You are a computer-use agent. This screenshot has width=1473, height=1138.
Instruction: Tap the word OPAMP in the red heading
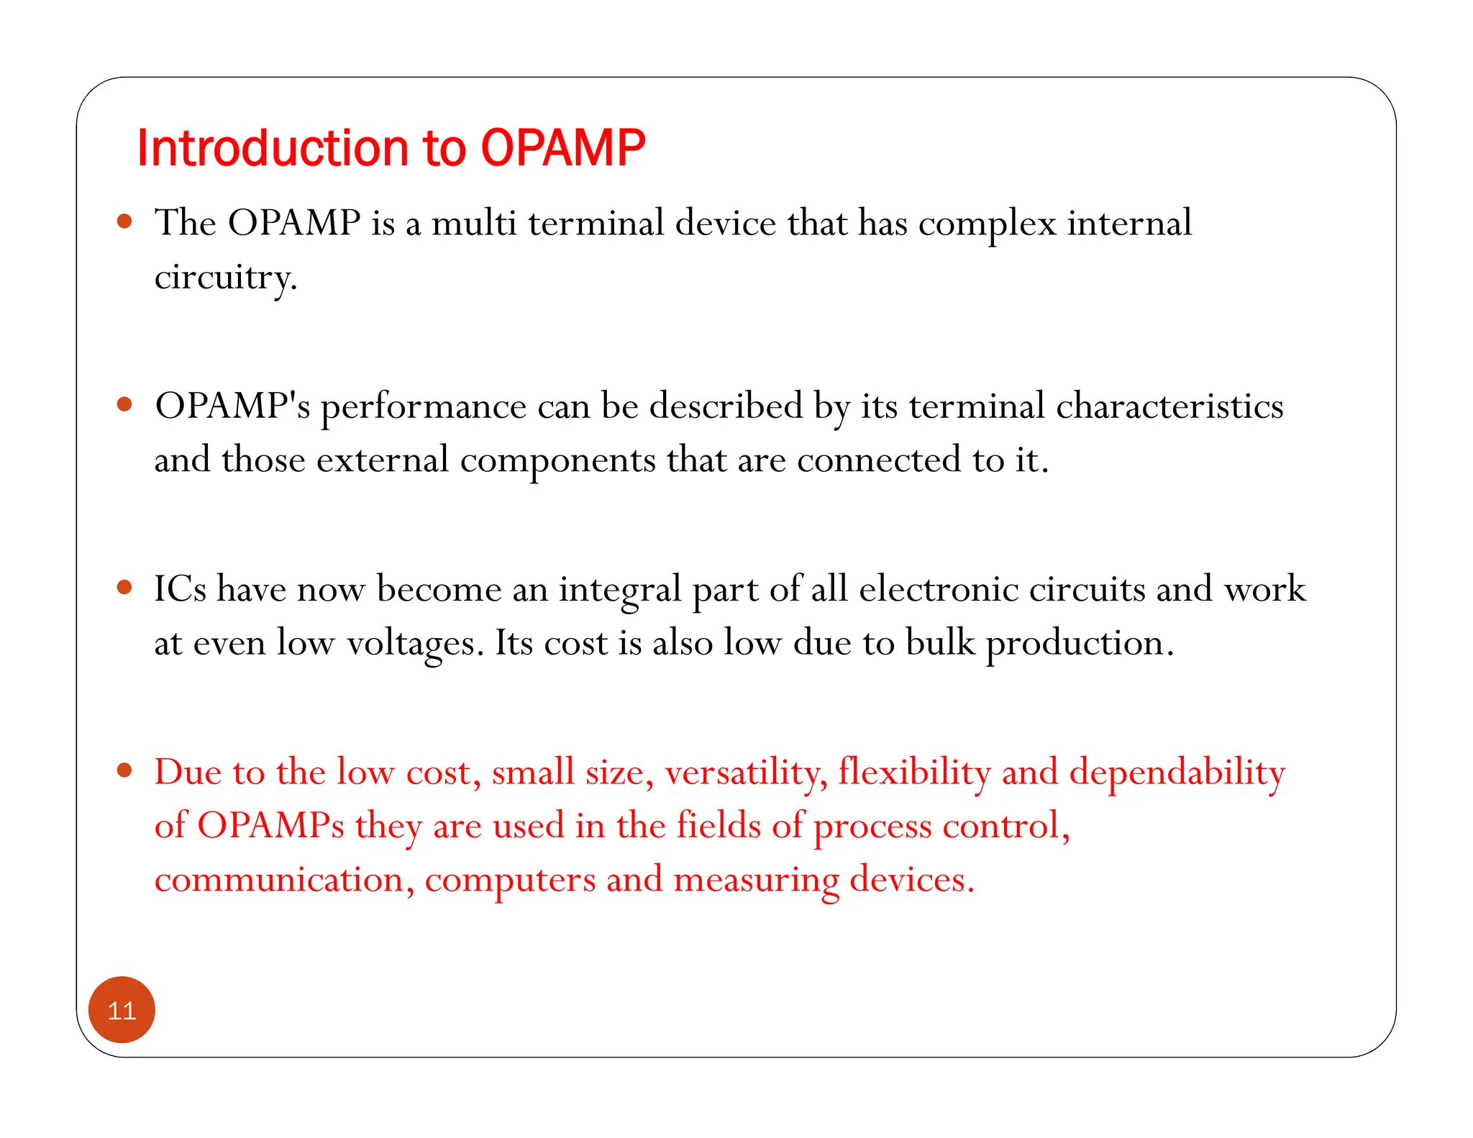point(562,148)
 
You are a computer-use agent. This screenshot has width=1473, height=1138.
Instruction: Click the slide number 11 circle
point(122,1010)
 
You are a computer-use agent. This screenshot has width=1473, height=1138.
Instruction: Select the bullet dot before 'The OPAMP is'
point(124,221)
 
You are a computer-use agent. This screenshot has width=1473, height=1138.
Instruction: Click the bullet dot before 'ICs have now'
point(124,588)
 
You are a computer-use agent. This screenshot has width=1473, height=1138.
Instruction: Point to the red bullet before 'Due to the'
point(124,771)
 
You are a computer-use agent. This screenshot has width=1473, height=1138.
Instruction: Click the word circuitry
point(224,278)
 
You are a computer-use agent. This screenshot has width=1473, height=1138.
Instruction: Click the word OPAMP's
point(232,406)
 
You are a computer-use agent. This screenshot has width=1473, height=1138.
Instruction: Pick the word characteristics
point(1169,406)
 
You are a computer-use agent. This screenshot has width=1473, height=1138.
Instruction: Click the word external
point(383,460)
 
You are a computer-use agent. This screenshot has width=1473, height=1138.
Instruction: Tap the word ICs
point(180,589)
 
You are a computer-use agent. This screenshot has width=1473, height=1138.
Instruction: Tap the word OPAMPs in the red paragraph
point(270,826)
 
